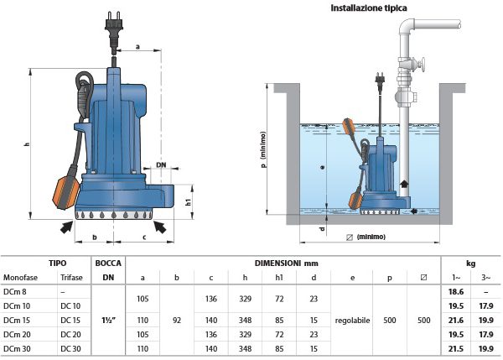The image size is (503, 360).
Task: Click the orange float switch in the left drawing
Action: [67, 189]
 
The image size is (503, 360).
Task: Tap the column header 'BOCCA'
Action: [108, 263]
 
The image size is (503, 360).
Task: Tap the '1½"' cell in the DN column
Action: [108, 319]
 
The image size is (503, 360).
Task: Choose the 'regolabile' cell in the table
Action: [352, 319]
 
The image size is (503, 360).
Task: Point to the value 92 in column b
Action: [176, 319]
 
